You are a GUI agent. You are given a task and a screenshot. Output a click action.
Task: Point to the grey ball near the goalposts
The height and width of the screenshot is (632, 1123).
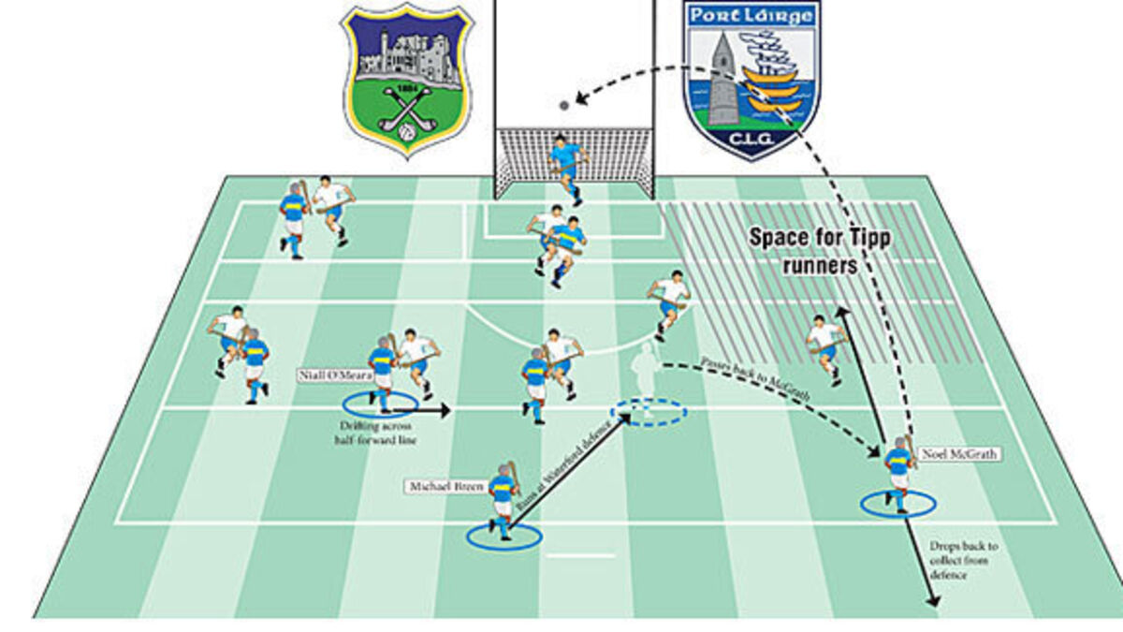point(562,105)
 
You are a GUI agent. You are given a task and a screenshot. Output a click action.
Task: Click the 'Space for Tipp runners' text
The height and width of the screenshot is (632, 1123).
point(820,251)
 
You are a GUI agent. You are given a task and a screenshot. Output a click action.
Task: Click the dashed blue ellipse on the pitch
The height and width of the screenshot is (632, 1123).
point(649,412)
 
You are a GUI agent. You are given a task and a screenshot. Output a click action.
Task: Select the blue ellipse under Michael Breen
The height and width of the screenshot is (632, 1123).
point(503,536)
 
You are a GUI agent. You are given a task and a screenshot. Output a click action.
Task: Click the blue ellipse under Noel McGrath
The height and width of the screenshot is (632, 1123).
point(898,505)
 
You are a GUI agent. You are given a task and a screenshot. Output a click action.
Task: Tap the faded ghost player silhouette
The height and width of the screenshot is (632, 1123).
point(642,373)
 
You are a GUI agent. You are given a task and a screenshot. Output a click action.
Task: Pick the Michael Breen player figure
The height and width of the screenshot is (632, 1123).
point(504,497)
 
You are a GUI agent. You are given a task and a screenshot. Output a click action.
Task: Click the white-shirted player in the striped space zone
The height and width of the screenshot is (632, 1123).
point(825,345)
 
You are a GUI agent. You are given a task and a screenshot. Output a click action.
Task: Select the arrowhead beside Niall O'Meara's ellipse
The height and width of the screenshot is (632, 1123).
point(445,410)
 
